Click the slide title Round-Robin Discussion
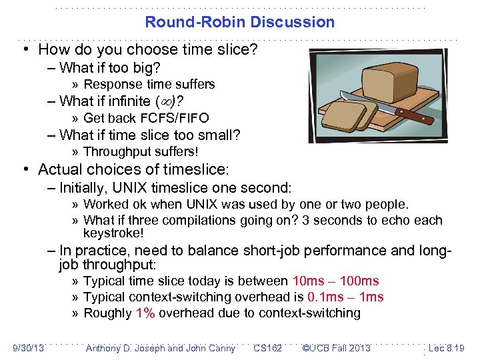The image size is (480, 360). click(240, 22)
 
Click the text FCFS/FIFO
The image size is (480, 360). click(175, 118)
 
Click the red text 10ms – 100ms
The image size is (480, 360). click(335, 281)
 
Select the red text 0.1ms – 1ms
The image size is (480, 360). click(345, 297)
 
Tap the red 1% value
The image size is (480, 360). click(145, 313)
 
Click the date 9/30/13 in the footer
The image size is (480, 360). click(28, 348)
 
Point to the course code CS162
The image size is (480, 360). click(267, 348)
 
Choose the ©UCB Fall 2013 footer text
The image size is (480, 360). click(336, 348)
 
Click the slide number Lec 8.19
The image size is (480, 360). click(446, 348)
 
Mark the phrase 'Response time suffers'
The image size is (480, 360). click(149, 85)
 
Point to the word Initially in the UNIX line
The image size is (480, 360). click(83, 188)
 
